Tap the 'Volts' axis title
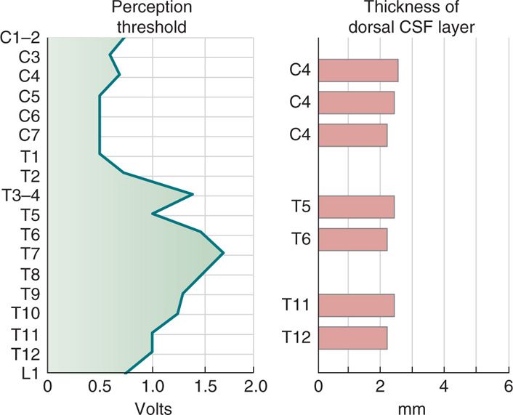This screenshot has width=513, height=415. (x=153, y=408)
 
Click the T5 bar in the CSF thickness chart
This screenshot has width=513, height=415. (x=356, y=207)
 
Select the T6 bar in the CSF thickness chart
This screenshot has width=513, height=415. (x=352, y=239)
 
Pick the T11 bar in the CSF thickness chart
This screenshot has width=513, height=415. (x=356, y=305)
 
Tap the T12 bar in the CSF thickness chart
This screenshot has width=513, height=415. (x=352, y=338)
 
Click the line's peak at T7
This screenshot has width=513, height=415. (x=223, y=253)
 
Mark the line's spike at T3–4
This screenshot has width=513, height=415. (x=193, y=194)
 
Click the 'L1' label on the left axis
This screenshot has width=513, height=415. (x=31, y=373)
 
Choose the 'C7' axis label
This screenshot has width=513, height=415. (x=29, y=135)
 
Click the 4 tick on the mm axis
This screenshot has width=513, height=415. (x=443, y=385)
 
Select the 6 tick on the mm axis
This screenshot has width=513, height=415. (x=507, y=385)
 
